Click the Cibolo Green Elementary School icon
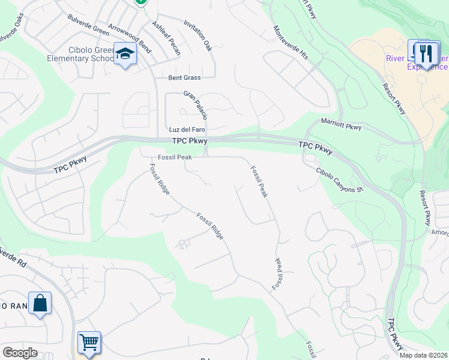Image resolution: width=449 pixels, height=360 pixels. [125, 55]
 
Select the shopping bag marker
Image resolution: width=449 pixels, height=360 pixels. [40, 303]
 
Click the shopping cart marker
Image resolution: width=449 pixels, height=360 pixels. [89, 342]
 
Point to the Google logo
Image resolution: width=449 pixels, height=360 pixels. [20, 353]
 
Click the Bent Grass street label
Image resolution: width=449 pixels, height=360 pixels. [184, 78]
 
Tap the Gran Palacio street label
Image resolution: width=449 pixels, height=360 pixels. [196, 104]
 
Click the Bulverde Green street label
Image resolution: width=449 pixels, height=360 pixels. [88, 25]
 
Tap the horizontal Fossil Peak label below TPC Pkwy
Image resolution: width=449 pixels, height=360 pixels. [175, 157]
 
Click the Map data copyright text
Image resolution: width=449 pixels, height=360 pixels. [423, 355]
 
